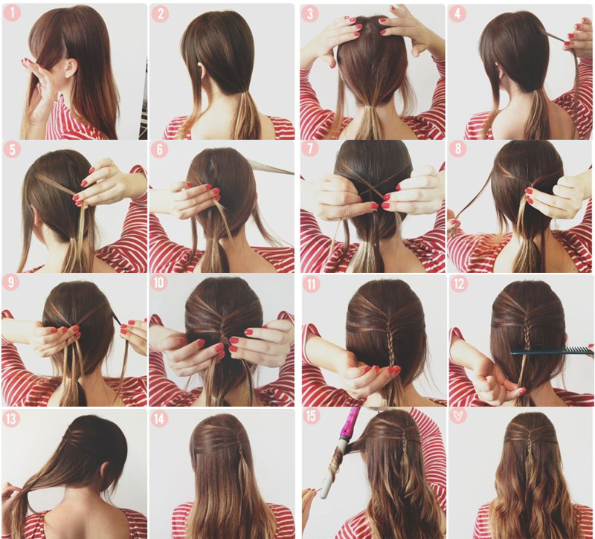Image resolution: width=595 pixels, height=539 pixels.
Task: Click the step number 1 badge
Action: coord(12,13)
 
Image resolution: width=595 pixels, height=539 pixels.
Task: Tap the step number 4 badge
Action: coord(457,14)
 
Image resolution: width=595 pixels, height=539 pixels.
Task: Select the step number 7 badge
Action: coord(310,149)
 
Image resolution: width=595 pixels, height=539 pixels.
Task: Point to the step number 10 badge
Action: coord(159,283)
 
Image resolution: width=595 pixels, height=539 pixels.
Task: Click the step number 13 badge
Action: coord(11,419)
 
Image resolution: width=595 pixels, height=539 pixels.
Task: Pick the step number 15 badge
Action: coord(311,416)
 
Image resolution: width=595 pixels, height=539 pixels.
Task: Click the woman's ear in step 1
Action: coord(71,68)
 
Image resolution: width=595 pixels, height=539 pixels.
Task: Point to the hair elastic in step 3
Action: coord(366,109)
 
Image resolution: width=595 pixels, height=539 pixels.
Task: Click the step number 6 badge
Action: coord(159,149)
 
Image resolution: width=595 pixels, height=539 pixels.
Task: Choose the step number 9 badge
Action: coord(10,283)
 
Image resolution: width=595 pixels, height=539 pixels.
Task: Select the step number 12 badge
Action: coord(458,283)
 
